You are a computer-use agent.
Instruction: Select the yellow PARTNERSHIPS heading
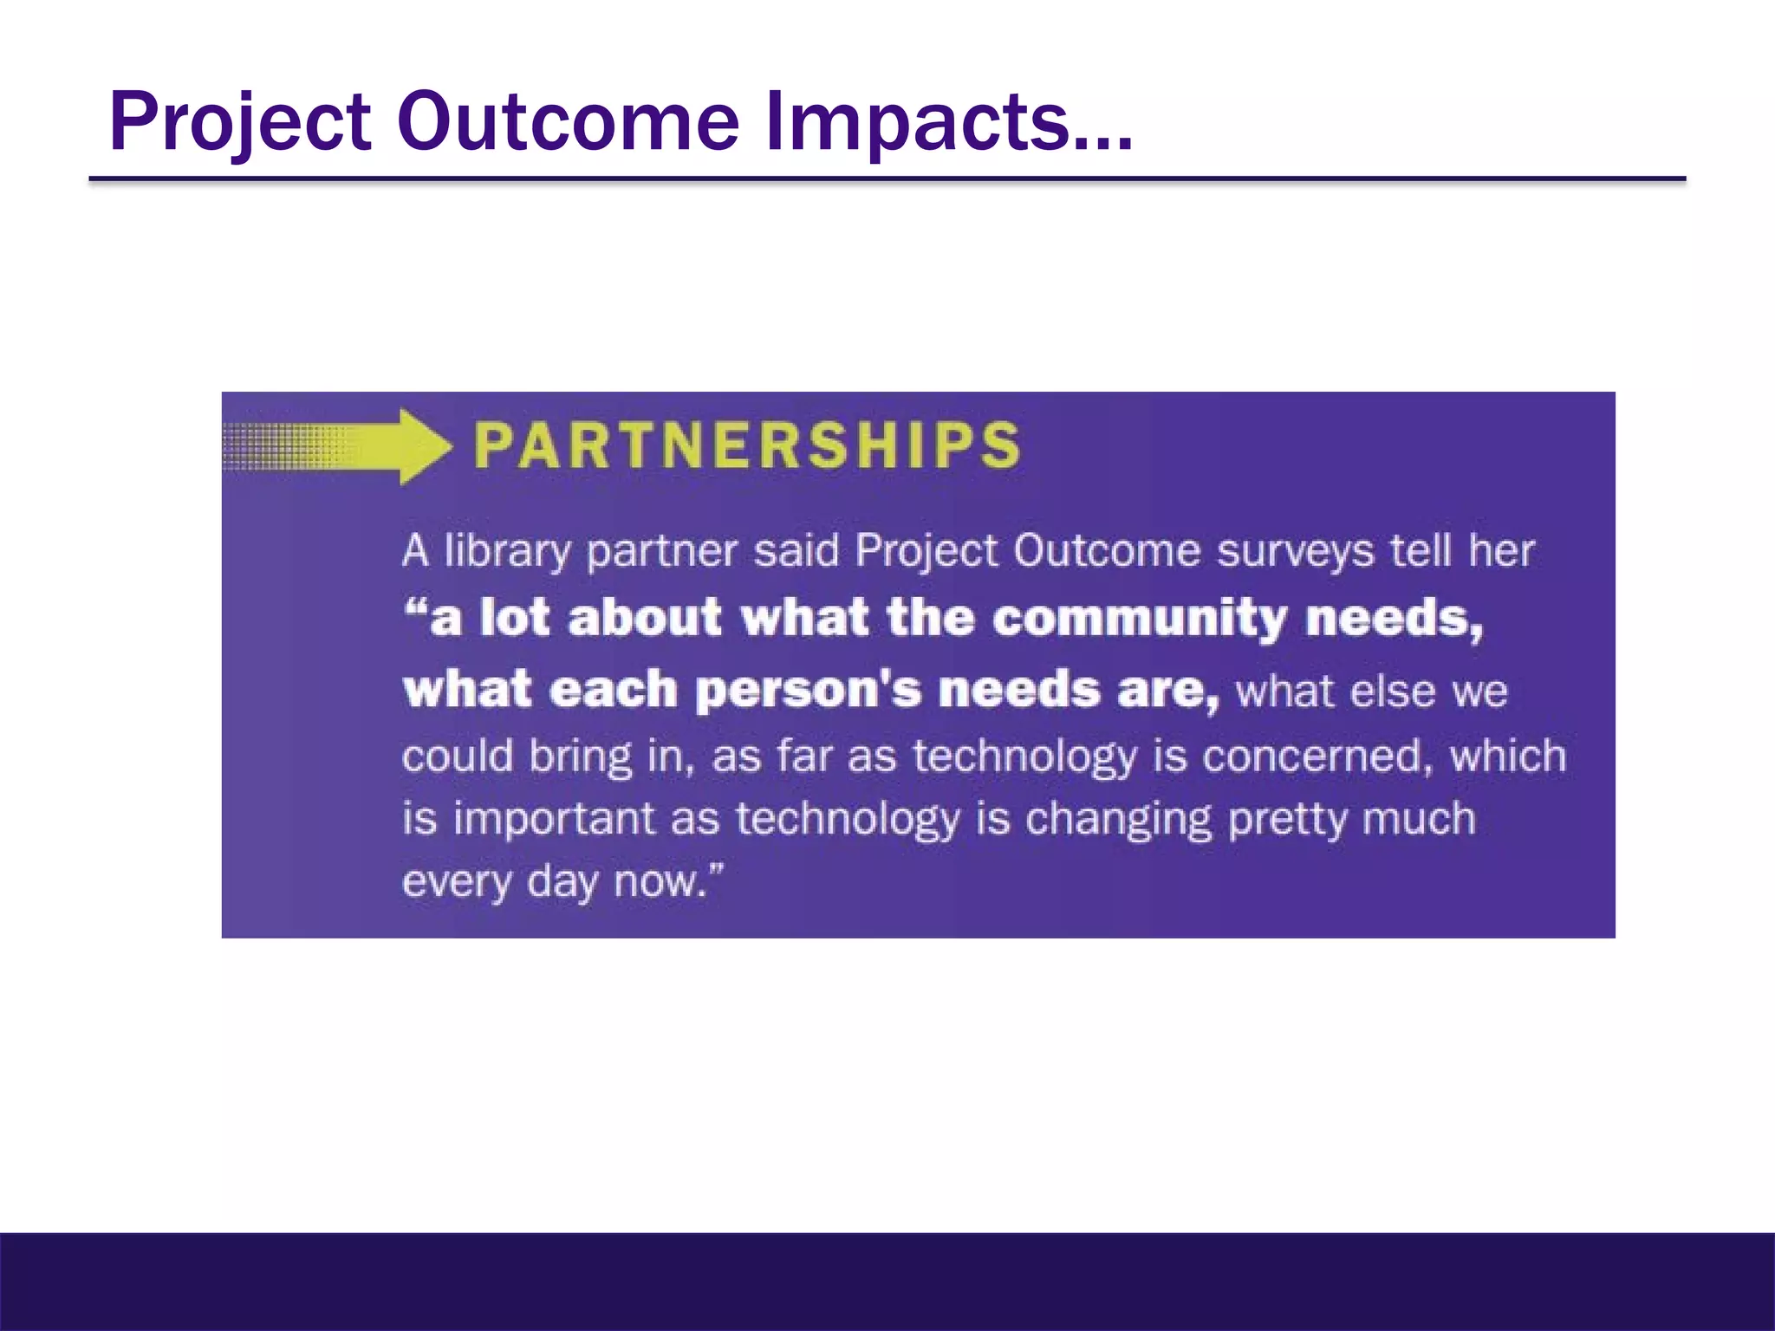click(x=747, y=445)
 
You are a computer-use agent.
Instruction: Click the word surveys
click(x=1295, y=552)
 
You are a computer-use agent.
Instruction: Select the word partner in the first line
click(x=661, y=552)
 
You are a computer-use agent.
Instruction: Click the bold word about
click(x=645, y=619)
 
